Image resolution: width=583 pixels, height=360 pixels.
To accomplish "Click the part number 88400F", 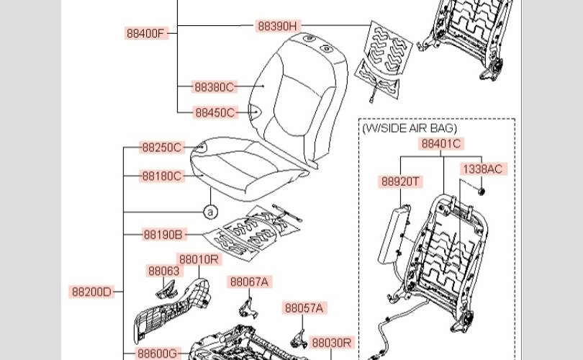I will [x=147, y=33].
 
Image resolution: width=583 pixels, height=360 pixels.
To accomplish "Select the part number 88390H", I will [x=277, y=26].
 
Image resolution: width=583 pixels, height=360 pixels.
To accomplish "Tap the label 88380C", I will [x=214, y=87].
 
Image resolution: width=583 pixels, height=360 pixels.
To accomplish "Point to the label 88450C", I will [x=214, y=113].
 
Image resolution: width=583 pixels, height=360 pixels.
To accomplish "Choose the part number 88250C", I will [x=162, y=148].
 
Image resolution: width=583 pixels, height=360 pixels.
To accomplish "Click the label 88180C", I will [x=162, y=176].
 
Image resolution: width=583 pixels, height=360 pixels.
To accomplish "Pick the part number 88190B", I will [x=163, y=235].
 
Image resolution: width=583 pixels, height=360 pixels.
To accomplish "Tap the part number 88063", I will [x=163, y=271].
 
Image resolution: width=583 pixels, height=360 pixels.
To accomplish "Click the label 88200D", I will [x=91, y=292].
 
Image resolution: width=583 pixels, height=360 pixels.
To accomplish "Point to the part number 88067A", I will [x=249, y=282].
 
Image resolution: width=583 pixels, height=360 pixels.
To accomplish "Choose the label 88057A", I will [x=304, y=308].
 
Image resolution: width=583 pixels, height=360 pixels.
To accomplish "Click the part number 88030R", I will [x=332, y=343].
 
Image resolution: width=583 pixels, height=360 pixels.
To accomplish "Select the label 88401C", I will [x=441, y=143].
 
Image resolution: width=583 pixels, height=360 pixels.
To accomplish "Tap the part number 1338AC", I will [x=483, y=169].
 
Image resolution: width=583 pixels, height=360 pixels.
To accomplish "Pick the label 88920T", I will [x=399, y=182].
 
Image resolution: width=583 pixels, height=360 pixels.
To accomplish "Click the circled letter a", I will [x=209, y=212].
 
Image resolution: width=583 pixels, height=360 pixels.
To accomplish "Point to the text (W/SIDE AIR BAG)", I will [x=410, y=127].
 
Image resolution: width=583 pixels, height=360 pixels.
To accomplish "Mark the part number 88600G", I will [x=157, y=354].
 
